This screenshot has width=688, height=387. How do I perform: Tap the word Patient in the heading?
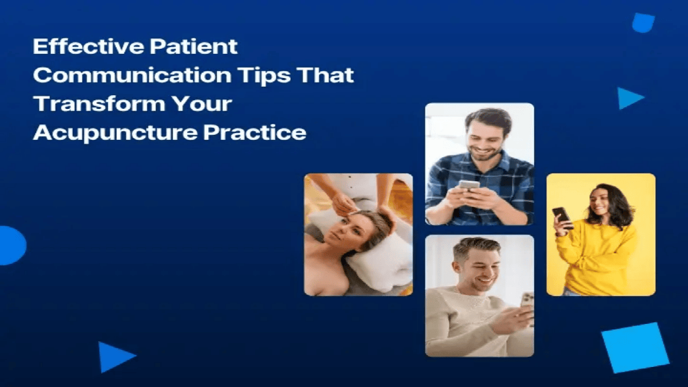[197, 46]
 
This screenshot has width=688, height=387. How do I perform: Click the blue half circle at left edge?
[11, 245]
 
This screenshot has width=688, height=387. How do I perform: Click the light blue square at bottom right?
[635, 347]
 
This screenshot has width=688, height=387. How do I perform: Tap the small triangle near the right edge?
[628, 98]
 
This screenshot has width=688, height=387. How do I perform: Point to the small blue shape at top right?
[643, 23]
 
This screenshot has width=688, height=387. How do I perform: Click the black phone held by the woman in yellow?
[562, 217]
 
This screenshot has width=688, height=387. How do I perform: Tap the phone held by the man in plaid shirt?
[469, 185]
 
